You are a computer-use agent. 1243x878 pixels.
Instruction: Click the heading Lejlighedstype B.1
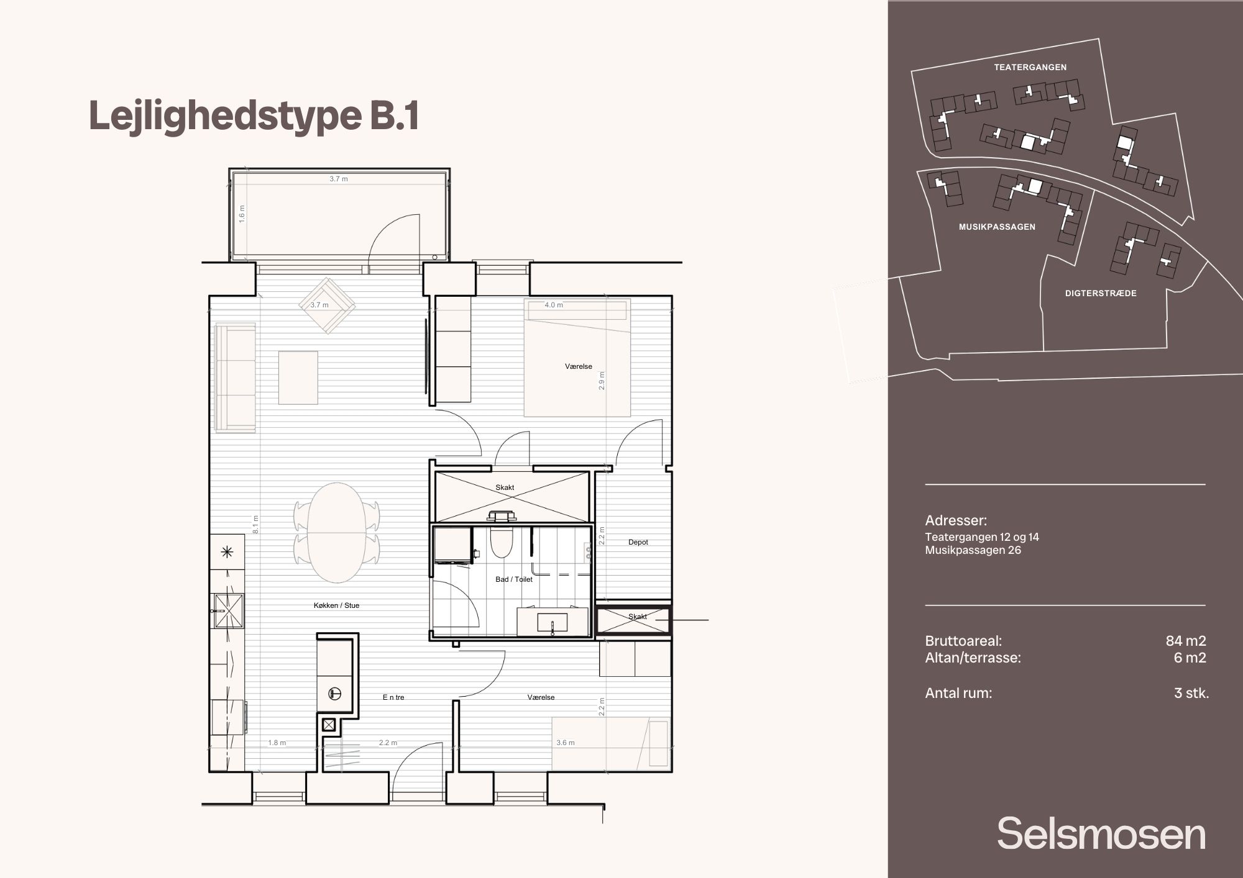254,117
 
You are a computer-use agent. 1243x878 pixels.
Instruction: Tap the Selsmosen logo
1101,833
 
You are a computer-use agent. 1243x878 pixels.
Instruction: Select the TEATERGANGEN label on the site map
1030,67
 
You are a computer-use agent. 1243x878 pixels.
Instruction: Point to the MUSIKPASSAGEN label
997,227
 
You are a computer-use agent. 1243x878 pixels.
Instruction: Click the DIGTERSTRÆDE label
1101,293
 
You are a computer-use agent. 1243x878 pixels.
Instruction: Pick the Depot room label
638,542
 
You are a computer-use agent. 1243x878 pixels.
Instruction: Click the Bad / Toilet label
514,579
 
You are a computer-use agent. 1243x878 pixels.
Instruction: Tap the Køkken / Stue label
336,605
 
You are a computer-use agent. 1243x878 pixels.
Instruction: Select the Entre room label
393,697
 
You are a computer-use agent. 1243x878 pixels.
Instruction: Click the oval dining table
337,533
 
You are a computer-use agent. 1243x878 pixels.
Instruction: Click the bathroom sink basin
553,623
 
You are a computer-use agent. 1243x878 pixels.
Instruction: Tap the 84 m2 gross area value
1186,641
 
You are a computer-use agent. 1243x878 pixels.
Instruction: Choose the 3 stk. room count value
1191,693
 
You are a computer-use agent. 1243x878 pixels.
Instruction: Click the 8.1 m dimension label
255,525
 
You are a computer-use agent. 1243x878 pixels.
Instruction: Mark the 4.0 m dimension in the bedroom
554,305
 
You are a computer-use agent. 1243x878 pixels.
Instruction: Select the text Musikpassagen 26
973,550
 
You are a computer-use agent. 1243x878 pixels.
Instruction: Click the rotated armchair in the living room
327,305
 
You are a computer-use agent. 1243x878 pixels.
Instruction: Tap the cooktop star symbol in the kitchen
227,551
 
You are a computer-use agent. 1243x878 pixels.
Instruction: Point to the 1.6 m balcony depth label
242,214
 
